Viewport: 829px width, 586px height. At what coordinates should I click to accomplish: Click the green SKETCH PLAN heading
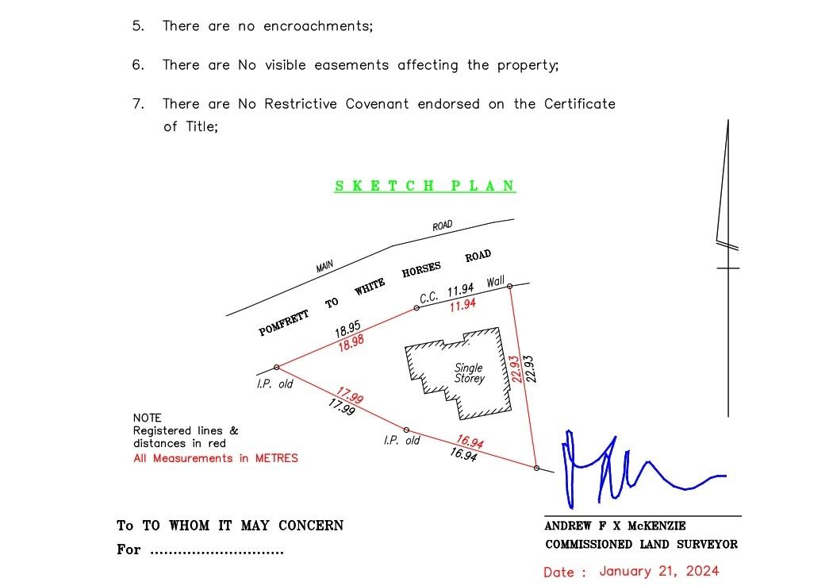click(425, 186)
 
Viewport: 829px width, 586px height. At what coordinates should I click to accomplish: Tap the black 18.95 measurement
click(347, 329)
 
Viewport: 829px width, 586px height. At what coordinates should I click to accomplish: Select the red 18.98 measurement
click(351, 343)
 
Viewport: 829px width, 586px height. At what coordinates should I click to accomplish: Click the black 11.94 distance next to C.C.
click(460, 290)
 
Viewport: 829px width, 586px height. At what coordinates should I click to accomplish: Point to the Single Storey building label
click(469, 372)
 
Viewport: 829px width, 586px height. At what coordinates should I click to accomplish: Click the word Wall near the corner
click(495, 282)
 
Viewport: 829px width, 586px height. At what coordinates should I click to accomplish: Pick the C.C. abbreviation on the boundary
click(428, 298)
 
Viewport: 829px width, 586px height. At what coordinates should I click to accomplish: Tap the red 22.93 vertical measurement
click(516, 369)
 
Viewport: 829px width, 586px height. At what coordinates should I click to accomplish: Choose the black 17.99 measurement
click(342, 407)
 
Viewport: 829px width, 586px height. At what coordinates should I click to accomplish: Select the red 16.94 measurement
click(470, 441)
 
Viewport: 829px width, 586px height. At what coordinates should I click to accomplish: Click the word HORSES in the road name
click(420, 269)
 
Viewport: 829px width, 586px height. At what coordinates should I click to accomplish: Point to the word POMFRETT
click(283, 323)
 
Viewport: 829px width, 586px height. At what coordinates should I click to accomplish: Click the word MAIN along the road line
click(324, 266)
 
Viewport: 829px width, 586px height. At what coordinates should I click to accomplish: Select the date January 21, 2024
click(658, 571)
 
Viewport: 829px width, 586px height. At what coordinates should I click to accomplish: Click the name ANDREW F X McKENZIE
click(615, 526)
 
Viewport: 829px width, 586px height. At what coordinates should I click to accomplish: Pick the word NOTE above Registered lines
click(147, 418)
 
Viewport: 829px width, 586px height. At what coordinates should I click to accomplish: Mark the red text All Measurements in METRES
click(216, 458)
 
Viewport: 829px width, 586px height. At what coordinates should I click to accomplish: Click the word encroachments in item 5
click(318, 26)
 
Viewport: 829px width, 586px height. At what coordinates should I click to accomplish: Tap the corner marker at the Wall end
click(509, 286)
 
